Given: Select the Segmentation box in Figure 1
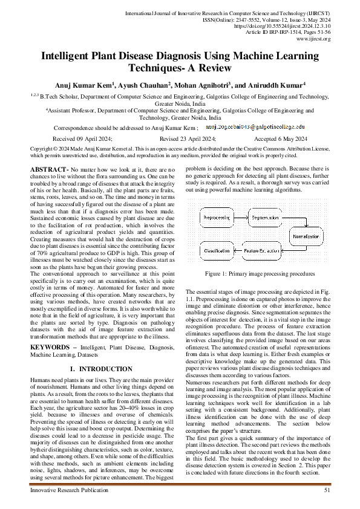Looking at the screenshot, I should [264, 217].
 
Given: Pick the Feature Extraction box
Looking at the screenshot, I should [264, 250].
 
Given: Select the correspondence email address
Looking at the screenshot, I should [252, 128].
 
